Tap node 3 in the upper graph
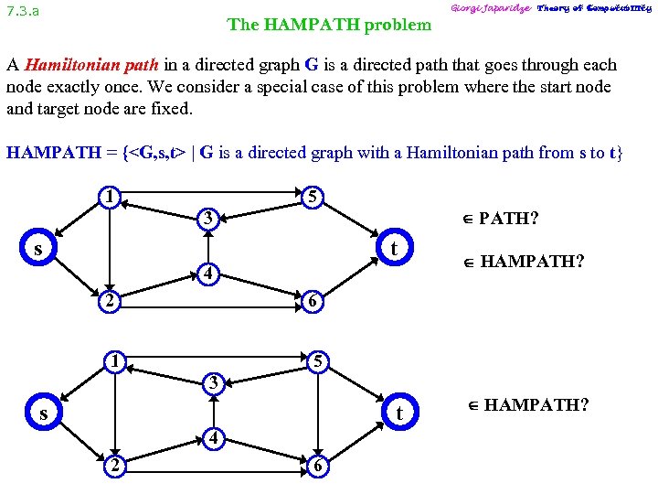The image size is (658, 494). click(209, 220)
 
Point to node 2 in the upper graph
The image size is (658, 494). click(109, 300)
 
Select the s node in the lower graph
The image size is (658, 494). click(43, 413)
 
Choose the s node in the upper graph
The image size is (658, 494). click(38, 249)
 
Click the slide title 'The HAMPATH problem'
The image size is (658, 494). click(329, 25)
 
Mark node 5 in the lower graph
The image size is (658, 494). click(316, 362)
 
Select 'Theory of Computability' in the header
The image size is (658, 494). click(594, 8)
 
